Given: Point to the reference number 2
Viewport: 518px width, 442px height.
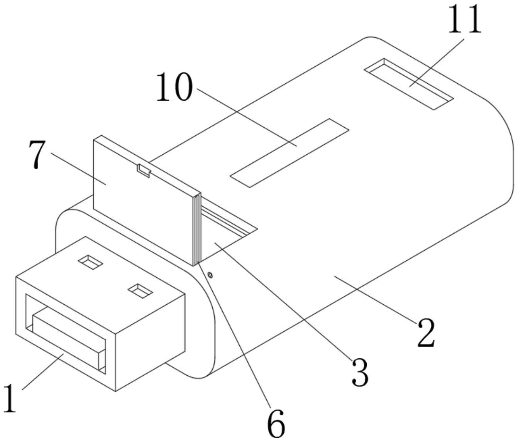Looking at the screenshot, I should [x=426, y=332].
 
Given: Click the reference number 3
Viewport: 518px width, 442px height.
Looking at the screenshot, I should [x=360, y=372].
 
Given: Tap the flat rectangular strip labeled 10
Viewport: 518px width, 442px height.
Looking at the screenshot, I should [x=289, y=153].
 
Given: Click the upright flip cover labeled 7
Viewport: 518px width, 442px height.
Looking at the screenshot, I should [x=143, y=201].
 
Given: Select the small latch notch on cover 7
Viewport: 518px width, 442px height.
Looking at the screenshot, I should [x=144, y=170].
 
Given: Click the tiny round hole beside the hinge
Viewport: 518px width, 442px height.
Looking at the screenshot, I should [x=210, y=275].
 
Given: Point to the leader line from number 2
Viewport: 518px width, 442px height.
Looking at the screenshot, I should [x=374, y=299].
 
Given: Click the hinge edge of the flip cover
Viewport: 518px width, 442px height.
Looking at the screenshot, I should [x=196, y=229].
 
